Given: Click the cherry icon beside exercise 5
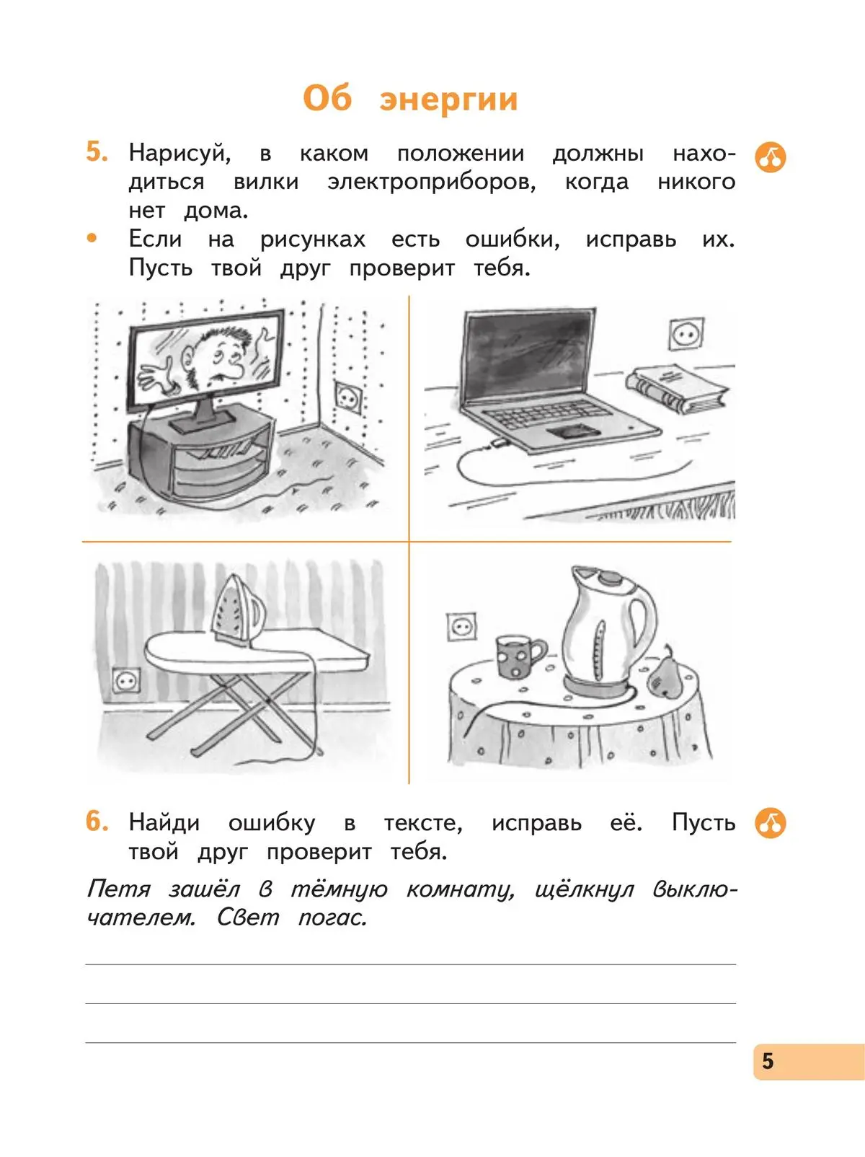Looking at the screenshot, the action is [770, 157].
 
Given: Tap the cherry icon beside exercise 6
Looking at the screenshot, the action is [770, 823].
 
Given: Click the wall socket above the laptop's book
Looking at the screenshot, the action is [686, 334].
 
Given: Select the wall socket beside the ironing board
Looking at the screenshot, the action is [127, 680].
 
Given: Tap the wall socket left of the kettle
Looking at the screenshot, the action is [461, 627].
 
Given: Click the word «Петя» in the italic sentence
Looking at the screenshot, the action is [118, 889].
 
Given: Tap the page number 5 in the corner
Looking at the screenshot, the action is [768, 1060].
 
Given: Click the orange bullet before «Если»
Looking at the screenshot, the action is [92, 238].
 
